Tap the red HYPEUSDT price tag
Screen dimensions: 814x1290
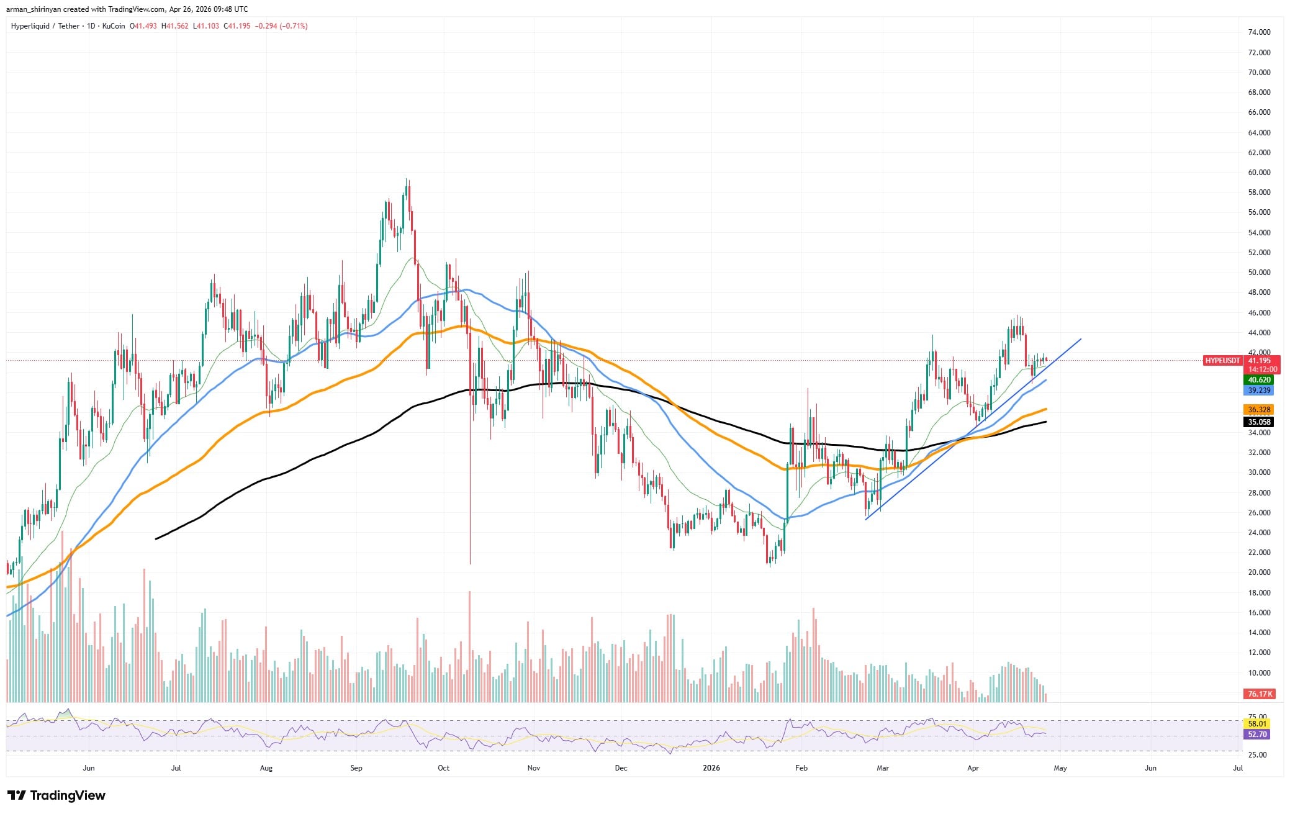click(1222, 360)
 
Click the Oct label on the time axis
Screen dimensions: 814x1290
click(443, 768)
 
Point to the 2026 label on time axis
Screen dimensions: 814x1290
click(711, 768)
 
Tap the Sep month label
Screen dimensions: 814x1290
click(356, 768)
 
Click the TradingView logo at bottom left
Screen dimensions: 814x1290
click(56, 795)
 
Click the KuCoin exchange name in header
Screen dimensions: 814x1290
click(113, 26)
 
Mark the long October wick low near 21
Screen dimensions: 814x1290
click(470, 562)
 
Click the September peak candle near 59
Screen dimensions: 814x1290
click(407, 181)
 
